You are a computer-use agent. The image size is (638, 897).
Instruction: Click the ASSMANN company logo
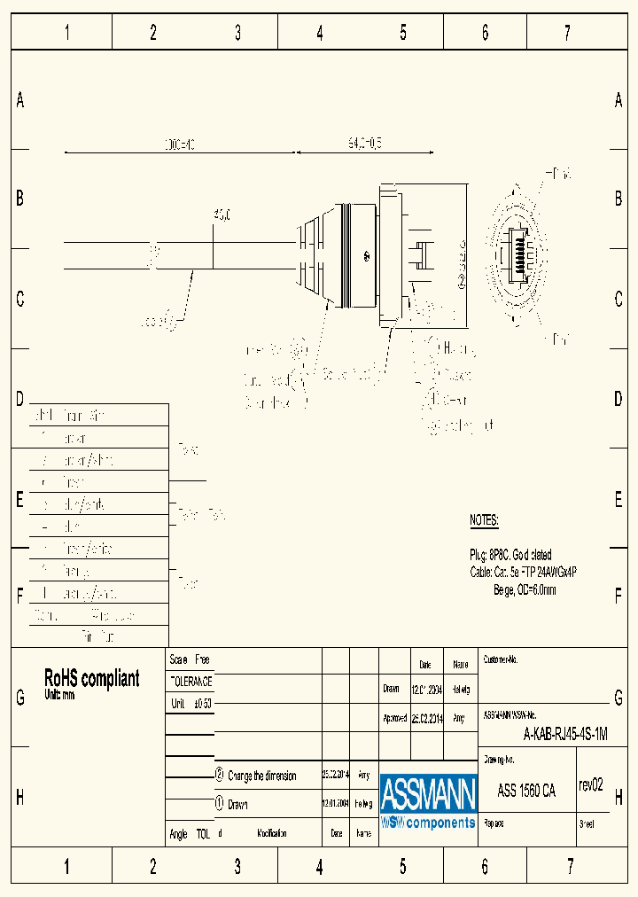click(428, 802)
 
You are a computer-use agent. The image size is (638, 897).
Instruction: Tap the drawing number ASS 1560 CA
click(526, 791)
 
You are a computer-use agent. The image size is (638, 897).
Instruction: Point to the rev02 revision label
click(590, 784)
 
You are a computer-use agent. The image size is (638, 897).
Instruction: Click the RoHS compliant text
click(91, 679)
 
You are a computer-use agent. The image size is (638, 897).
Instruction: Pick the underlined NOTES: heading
click(484, 520)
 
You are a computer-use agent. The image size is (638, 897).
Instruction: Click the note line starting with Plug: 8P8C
click(510, 555)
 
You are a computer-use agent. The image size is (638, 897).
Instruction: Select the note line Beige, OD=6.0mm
click(525, 589)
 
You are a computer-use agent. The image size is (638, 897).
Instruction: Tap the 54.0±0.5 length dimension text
click(364, 142)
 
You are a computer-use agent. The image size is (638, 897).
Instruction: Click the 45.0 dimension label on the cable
click(222, 214)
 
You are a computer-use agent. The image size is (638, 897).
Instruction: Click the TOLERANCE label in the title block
click(191, 682)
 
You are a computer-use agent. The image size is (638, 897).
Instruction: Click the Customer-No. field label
click(500, 660)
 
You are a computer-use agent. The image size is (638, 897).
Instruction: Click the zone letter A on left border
click(19, 101)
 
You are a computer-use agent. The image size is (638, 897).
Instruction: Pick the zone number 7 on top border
click(567, 34)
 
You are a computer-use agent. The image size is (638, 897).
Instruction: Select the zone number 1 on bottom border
click(66, 866)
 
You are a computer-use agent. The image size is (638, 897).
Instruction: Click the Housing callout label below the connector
click(459, 347)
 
